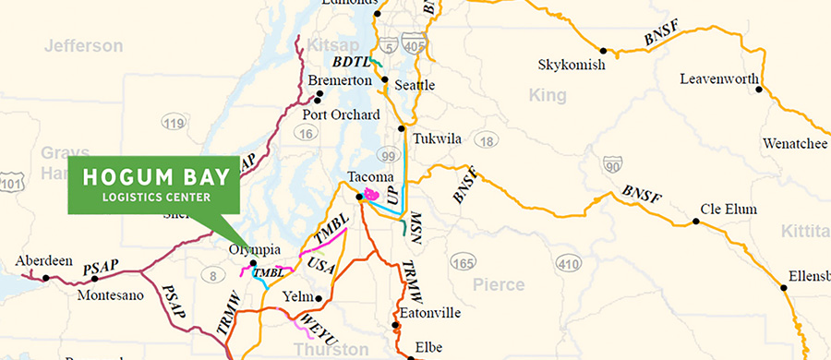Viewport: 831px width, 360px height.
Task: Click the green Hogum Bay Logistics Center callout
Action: [153, 185]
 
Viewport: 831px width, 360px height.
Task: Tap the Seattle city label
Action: [414, 85]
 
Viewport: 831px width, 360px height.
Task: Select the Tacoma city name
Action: [370, 176]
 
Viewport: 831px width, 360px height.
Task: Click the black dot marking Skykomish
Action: [603, 51]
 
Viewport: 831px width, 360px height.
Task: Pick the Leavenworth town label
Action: [718, 78]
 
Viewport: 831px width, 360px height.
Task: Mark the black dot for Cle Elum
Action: [696, 222]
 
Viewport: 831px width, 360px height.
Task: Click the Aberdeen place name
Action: [44, 261]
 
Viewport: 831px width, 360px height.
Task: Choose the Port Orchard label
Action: [341, 114]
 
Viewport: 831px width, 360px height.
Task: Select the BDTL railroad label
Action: [352, 63]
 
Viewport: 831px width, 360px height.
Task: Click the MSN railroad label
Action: [416, 224]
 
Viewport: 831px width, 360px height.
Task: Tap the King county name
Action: [547, 95]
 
